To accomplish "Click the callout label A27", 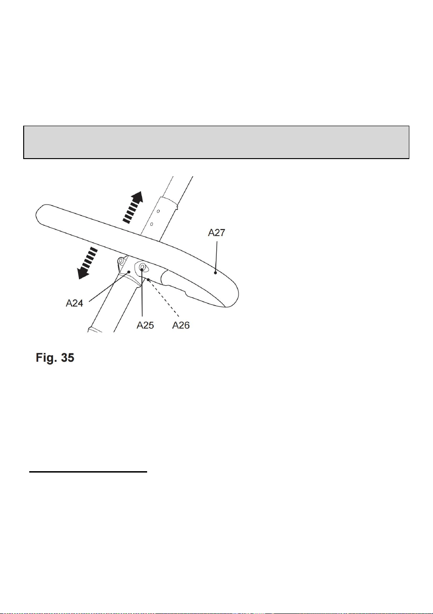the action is [x=216, y=233].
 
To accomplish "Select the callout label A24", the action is [x=74, y=303].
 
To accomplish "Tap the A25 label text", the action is [x=145, y=326].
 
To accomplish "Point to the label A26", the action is [x=181, y=326].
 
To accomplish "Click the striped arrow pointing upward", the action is [x=133, y=207].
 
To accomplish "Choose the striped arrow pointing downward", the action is [x=87, y=263].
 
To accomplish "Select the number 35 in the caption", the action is [x=67, y=358].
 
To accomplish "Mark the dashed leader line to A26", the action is [x=164, y=299].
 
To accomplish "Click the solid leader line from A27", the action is [x=216, y=256].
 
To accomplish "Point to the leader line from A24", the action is [x=109, y=287].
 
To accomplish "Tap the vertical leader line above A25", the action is [x=142, y=293].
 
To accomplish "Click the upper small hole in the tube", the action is [x=158, y=211].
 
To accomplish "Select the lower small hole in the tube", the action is [x=151, y=224].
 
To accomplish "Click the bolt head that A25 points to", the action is [x=142, y=267].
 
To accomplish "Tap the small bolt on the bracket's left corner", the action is [x=120, y=260].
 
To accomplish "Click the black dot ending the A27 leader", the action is [x=215, y=273].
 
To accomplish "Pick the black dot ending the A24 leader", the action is [x=129, y=272].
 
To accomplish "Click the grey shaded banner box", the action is [x=216, y=142].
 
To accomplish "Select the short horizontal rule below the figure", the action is [x=88, y=472].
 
